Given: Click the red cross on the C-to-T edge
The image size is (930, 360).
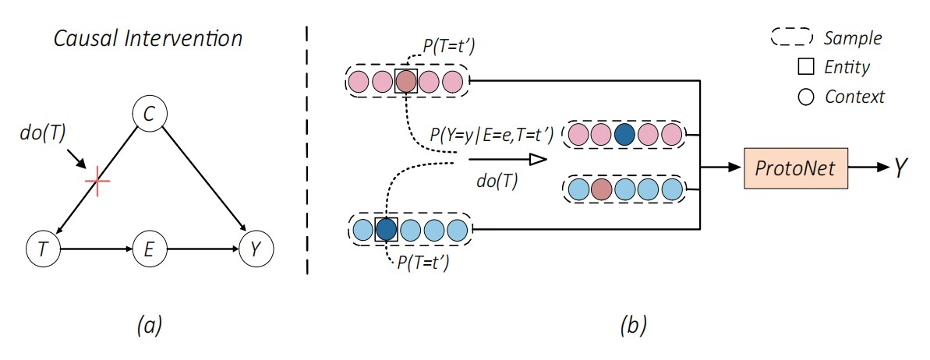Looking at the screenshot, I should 97,182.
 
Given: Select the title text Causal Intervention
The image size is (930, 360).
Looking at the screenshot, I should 148,37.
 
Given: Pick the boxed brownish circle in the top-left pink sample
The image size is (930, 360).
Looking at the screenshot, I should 406,81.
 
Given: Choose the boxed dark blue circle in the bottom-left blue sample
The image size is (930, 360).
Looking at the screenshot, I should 386,229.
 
